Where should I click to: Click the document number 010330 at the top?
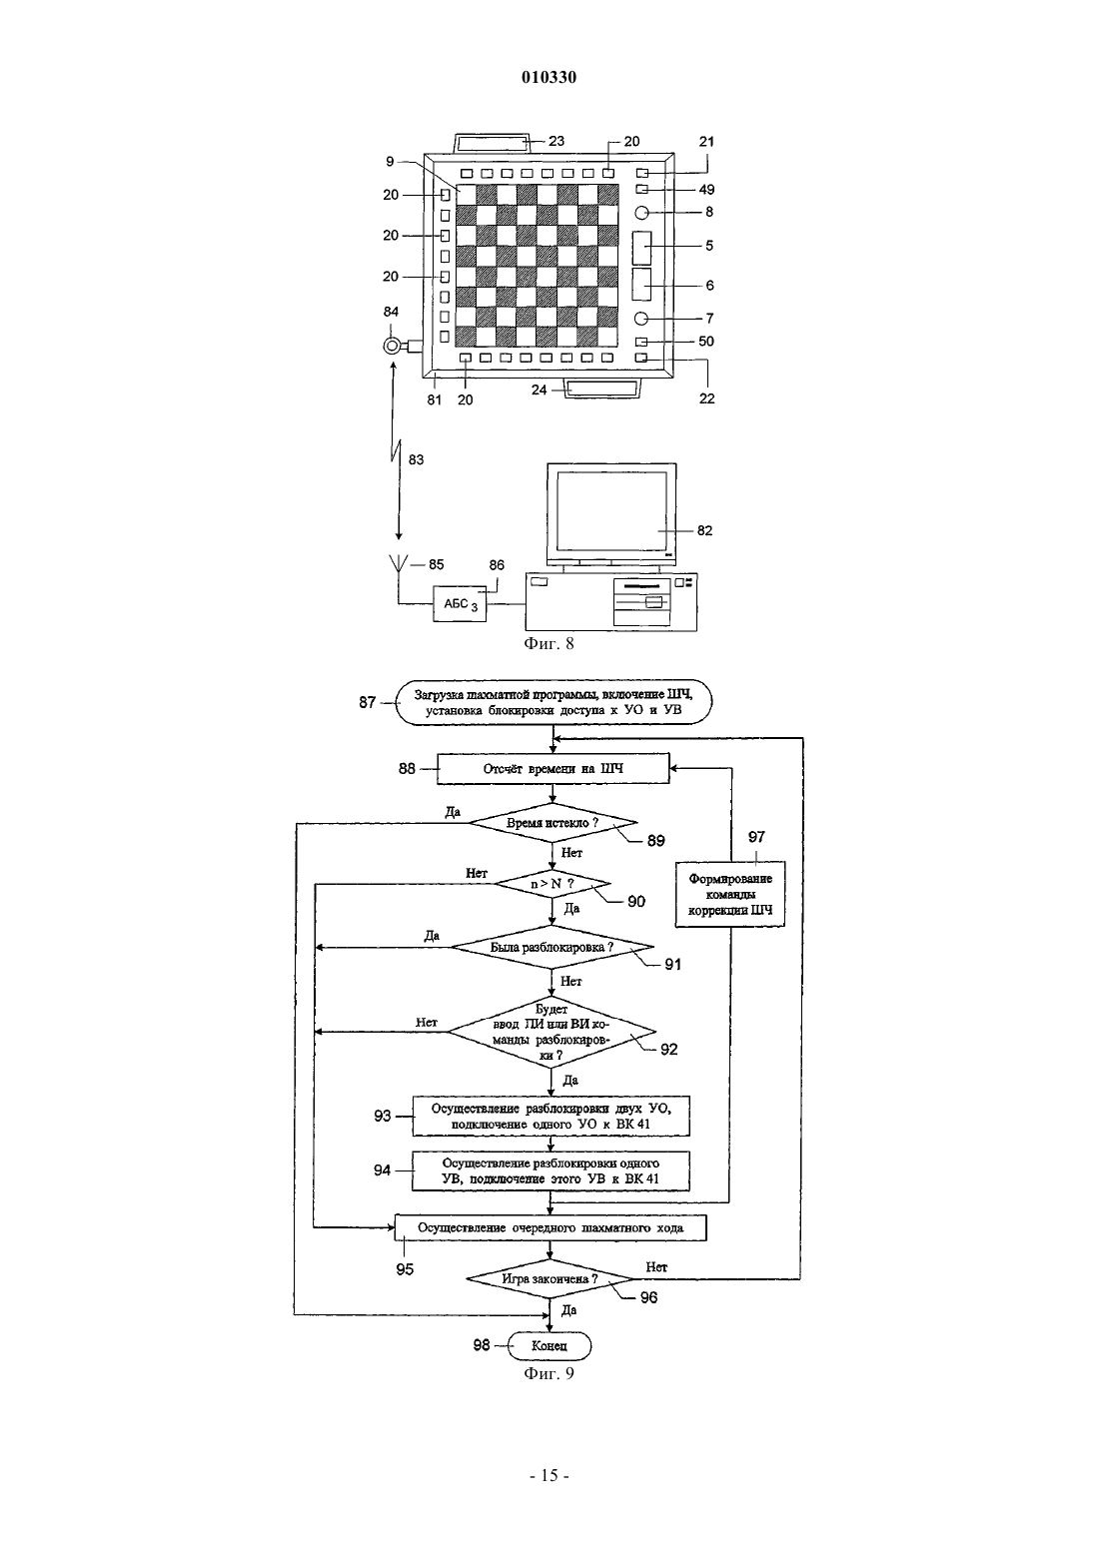[x=549, y=77]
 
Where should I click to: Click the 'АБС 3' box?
[x=460, y=603]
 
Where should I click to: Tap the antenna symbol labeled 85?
[x=399, y=564]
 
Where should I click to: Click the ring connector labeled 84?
[x=392, y=345]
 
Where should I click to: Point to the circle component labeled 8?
[x=641, y=213]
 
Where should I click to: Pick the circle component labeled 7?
[x=641, y=319]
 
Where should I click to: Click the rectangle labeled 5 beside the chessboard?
[x=641, y=248]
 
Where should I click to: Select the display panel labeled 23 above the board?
[x=492, y=144]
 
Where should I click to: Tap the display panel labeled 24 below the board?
[x=602, y=388]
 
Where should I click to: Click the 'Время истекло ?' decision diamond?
[x=552, y=823]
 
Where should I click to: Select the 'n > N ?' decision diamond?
[x=552, y=884]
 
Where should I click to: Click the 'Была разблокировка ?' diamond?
[x=552, y=947]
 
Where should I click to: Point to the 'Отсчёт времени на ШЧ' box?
[x=552, y=769]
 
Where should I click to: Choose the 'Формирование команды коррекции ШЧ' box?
[x=730, y=894]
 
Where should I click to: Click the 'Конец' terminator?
[x=549, y=1346]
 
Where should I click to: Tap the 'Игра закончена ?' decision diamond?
[x=550, y=1278]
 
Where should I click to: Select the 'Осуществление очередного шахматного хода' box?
[x=550, y=1227]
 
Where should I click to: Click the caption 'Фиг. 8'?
[x=549, y=644]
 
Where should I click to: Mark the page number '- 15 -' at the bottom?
[x=549, y=1476]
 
